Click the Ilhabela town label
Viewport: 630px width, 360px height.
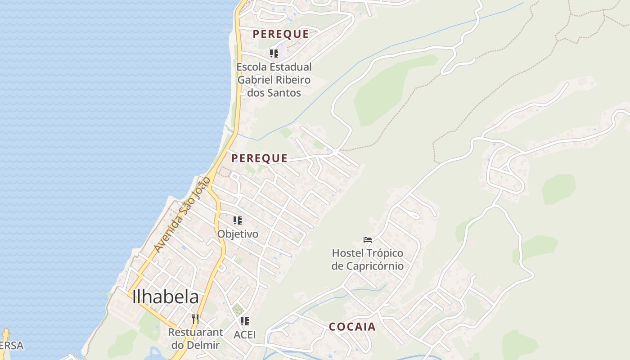(166, 297)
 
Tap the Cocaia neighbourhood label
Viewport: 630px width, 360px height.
(352, 327)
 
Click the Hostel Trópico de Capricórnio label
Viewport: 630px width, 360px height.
(368, 260)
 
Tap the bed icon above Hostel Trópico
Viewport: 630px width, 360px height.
(368, 240)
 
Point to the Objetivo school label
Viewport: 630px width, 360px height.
(238, 234)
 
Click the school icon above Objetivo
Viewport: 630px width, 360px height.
(238, 220)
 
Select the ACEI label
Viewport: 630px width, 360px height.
(245, 335)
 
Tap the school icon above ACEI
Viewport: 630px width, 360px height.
(245, 321)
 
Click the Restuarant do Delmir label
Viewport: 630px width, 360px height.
(195, 339)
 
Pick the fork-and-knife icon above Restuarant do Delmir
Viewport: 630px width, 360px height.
(195, 319)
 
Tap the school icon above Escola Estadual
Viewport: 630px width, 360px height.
(274, 54)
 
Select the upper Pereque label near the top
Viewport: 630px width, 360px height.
(281, 34)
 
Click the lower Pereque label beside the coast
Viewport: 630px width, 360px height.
(259, 158)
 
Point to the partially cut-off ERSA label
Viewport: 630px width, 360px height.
(11, 346)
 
